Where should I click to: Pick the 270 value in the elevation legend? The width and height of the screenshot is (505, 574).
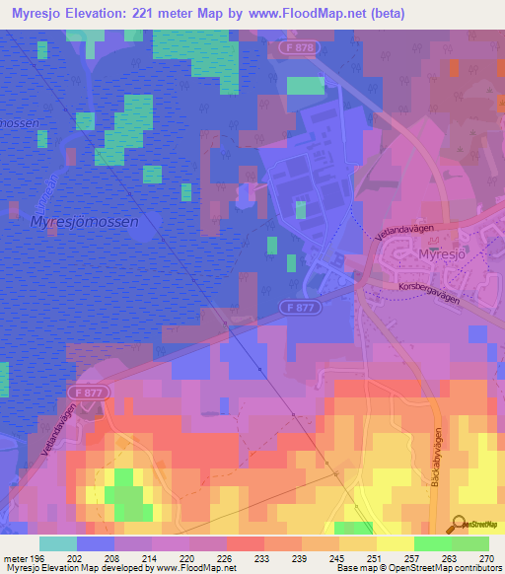click(x=486, y=557)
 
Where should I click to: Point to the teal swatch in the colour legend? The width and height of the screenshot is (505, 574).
click(x=57, y=543)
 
